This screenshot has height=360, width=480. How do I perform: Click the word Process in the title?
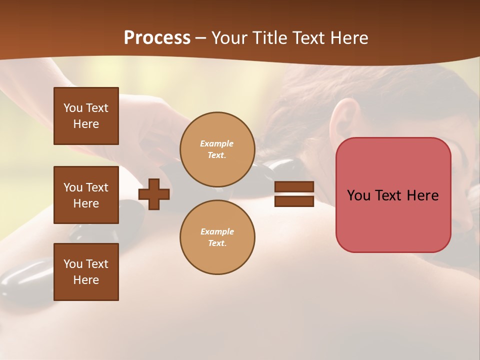click(x=157, y=38)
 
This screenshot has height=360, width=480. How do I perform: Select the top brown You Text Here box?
click(x=86, y=116)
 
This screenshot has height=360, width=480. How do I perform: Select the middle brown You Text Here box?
click(x=86, y=195)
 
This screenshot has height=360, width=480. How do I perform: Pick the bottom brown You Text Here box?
click(x=86, y=272)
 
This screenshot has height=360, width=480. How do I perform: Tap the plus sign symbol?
click(x=154, y=194)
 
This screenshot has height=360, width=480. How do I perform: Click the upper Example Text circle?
click(x=217, y=149)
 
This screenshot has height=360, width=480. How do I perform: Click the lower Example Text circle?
click(x=217, y=237)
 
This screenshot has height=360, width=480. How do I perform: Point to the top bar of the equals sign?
click(x=294, y=187)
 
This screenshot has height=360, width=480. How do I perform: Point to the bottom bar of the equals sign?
click(x=294, y=201)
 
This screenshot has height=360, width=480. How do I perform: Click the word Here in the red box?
click(x=422, y=195)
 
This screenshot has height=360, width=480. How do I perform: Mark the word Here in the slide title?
click(x=347, y=38)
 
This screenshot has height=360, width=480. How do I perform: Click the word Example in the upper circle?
click(x=217, y=143)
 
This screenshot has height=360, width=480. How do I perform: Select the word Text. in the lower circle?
click(x=217, y=243)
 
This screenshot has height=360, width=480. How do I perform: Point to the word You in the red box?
click(x=358, y=195)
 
